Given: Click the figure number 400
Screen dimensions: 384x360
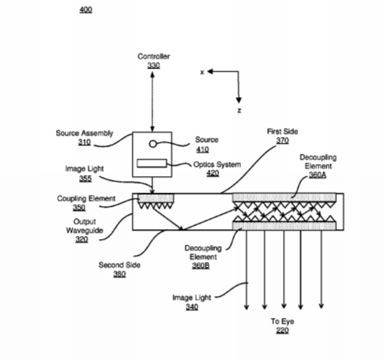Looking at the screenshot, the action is [86, 9].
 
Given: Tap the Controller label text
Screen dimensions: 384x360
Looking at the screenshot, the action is [154, 56].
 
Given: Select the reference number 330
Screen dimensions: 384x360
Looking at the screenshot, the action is [153, 66].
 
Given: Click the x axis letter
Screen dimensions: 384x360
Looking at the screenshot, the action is [202, 72].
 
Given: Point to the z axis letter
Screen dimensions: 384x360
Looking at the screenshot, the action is [239, 111].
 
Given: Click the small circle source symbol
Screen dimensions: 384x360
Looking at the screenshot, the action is [152, 144].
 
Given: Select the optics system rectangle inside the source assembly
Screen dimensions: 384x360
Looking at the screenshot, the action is [152, 163].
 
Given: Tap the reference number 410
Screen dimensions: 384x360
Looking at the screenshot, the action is [202, 149].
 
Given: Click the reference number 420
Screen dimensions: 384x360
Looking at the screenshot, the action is [213, 173].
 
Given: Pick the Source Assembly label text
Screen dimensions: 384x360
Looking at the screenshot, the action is [85, 133].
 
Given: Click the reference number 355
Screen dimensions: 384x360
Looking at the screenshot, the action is [85, 178].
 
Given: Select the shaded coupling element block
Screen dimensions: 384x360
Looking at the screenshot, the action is [156, 198].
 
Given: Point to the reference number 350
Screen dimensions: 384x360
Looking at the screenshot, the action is [79, 208].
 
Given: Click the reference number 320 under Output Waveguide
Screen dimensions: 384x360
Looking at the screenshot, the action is [81, 239].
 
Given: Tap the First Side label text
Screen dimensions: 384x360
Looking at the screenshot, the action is [283, 131].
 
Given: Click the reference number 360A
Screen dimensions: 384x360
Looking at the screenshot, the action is [318, 175].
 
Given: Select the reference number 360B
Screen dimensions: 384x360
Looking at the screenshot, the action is [201, 265].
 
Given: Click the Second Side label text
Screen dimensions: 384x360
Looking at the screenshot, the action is [119, 265].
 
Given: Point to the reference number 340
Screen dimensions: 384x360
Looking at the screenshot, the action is [192, 307].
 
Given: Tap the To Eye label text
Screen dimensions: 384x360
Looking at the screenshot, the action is [283, 321].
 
